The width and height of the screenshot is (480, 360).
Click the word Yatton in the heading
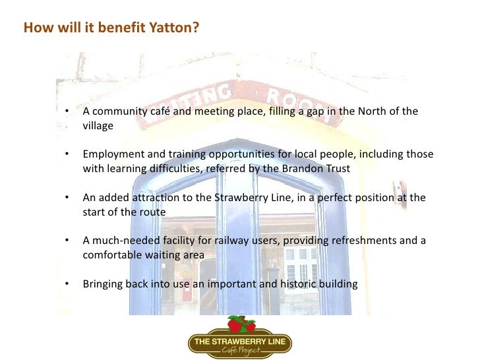click(172, 29)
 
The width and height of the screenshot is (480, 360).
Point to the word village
click(98, 125)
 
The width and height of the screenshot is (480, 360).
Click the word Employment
click(114, 154)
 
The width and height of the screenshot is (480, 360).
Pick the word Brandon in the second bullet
click(303, 168)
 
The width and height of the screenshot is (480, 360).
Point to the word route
click(151, 212)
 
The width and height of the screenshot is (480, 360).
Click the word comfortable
click(111, 255)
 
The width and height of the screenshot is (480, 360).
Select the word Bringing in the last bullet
click(102, 284)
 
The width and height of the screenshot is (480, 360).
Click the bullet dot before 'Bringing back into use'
click(68, 284)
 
